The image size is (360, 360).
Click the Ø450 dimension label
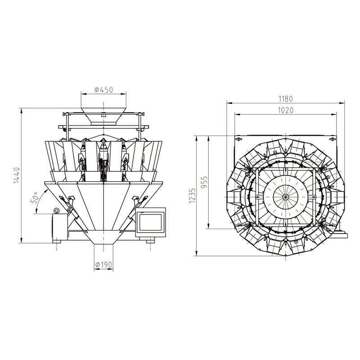[x=104, y=90]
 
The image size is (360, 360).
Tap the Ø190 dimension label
[x=103, y=265]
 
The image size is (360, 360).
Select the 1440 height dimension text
[x=17, y=175]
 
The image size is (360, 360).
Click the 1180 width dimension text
[x=286, y=99]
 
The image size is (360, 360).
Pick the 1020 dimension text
[x=286, y=110]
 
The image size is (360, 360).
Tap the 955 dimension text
[x=204, y=182]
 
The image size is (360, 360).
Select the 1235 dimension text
[x=192, y=195]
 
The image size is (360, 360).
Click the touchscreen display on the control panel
[x=151, y=222]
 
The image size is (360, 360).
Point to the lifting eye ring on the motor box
[x=56, y=211]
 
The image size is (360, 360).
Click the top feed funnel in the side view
[x=103, y=116]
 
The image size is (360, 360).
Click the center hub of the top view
[x=285, y=197]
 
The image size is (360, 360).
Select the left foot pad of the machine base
[x=57, y=242]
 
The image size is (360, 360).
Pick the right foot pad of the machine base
[x=150, y=242]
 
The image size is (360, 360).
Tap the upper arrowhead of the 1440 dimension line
[x=21, y=110]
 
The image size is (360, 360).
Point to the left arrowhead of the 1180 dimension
[x=229, y=103]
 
